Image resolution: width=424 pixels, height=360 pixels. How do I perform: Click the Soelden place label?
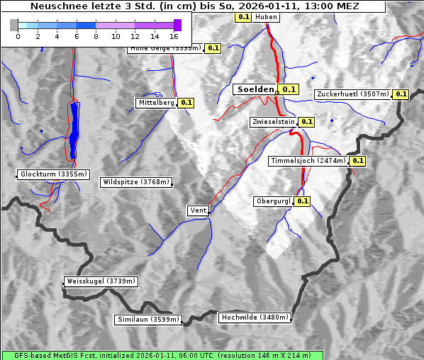(255, 89)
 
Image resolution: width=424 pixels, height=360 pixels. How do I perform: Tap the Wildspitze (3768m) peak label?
(136, 182)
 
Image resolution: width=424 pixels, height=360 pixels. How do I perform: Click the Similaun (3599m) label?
(148, 320)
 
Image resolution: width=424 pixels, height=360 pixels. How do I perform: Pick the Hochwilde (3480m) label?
(255, 317)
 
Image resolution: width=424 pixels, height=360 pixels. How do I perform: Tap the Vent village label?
(198, 210)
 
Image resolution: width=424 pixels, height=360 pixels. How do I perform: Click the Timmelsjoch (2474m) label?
(309, 161)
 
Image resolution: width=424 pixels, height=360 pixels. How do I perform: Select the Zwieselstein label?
(272, 122)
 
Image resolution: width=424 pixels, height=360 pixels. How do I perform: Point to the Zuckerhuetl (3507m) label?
(352, 94)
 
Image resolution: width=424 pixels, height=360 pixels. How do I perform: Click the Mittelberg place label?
(156, 103)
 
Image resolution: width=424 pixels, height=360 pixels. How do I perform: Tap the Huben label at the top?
(266, 16)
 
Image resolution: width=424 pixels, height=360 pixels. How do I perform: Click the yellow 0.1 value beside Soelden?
(289, 89)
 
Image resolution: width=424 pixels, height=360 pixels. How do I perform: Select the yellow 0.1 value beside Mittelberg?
(186, 103)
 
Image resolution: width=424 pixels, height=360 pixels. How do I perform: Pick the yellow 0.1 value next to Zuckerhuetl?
(401, 94)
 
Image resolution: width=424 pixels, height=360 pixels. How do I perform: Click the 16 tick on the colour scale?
(174, 35)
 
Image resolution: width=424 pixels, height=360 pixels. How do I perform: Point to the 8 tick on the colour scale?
(96, 35)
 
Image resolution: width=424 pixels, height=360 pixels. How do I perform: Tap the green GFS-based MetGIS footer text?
(162, 355)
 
